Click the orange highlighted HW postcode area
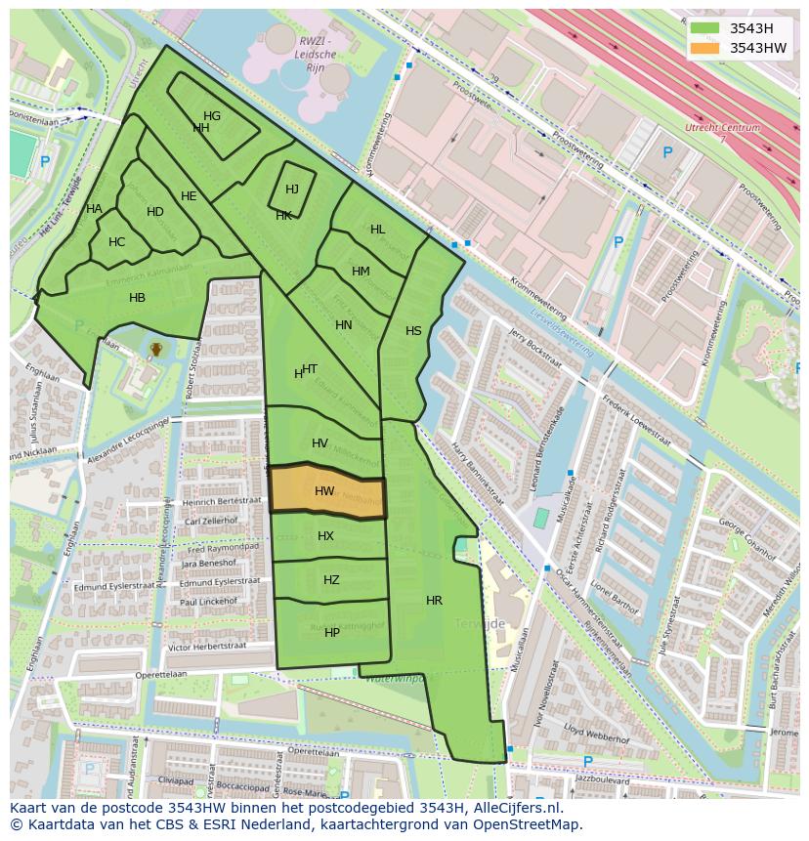[326, 491]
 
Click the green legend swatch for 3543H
[703, 28]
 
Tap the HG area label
[212, 116]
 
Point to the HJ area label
[292, 189]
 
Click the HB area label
[138, 298]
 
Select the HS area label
[413, 331]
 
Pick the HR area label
[434, 601]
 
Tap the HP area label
[332, 633]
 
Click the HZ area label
[331, 580]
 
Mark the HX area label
[325, 536]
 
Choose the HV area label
[319, 443]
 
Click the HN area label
[344, 325]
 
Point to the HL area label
[377, 230]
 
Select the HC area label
[117, 242]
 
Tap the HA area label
[94, 209]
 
